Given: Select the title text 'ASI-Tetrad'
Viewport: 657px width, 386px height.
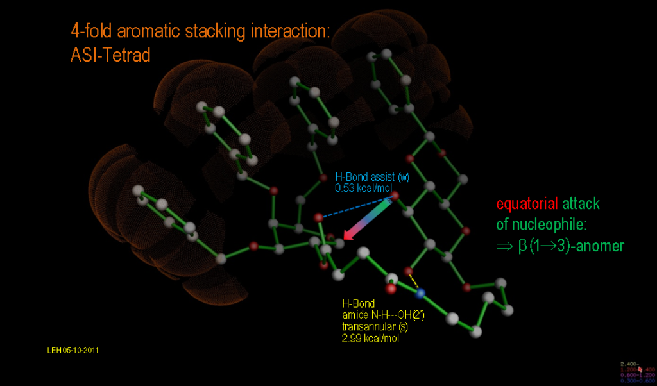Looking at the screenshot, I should click(110, 55).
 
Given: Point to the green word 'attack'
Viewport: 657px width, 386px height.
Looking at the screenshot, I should click(581, 204).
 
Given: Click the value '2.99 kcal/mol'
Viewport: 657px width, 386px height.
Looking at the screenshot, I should click(370, 338).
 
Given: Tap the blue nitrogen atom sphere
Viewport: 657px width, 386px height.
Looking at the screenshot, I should click(420, 294).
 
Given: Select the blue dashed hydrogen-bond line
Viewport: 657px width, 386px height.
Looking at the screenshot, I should click(356, 206).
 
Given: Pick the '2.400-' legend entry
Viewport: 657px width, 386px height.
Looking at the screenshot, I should click(628, 364).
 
